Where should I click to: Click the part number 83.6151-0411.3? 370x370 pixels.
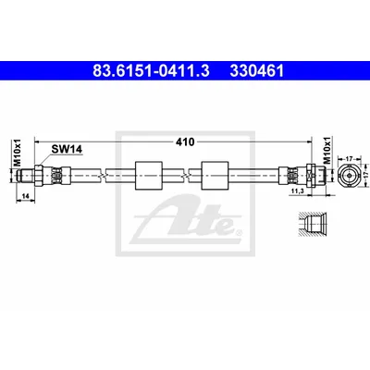(x=151, y=71)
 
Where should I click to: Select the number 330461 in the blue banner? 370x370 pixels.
(x=256, y=71)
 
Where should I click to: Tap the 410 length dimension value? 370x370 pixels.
(x=185, y=142)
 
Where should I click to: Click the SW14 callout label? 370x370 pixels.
(x=67, y=150)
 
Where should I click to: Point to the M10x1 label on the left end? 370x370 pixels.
(x=18, y=152)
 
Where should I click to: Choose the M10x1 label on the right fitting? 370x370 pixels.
(x=327, y=150)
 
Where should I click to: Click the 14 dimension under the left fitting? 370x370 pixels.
(x=25, y=195)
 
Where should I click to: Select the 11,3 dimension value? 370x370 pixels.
(x=297, y=191)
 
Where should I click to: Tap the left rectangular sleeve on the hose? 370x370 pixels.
(x=149, y=176)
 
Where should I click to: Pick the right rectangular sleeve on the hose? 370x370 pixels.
(x=215, y=176)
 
